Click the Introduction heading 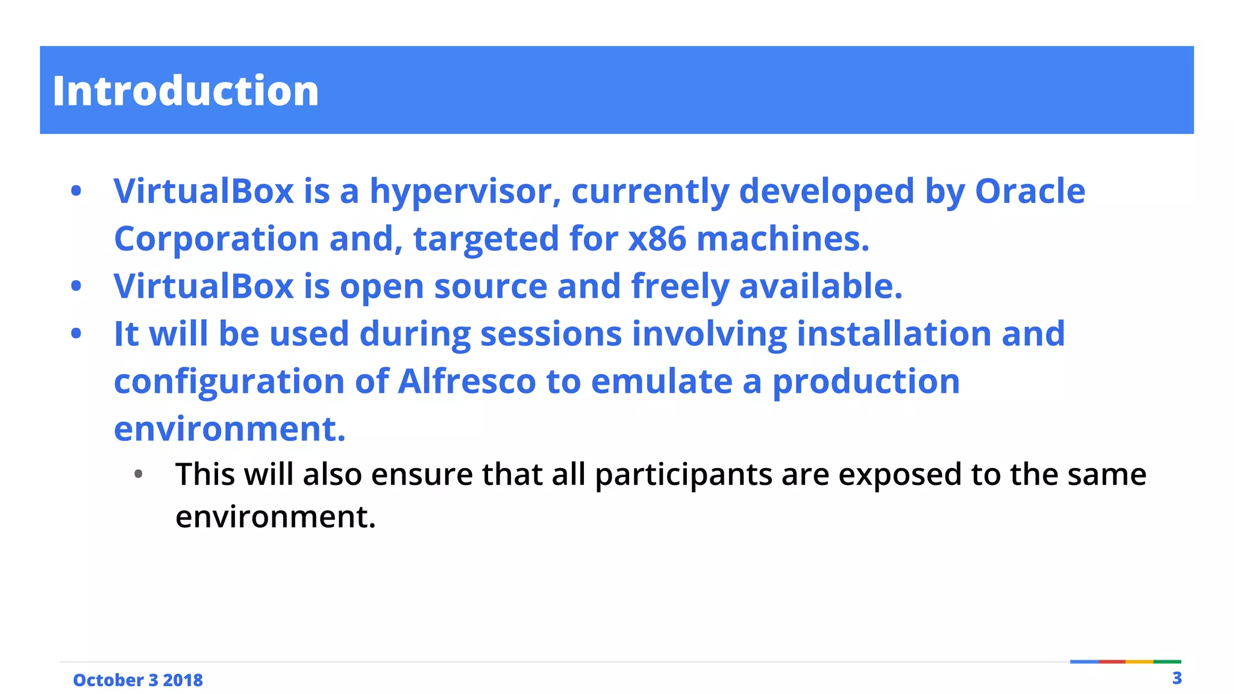point(186,91)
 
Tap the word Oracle point(1030,192)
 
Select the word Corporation point(216,239)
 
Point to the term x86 point(657,239)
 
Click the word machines point(783,239)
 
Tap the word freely point(680,286)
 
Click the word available point(821,286)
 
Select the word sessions point(551,334)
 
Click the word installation point(894,334)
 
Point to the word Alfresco point(467,381)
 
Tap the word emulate point(662,381)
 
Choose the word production point(866,381)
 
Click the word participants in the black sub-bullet point(683,475)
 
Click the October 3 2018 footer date point(138,680)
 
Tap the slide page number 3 point(1177,678)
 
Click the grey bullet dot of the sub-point point(139,475)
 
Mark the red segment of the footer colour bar point(1112,661)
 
